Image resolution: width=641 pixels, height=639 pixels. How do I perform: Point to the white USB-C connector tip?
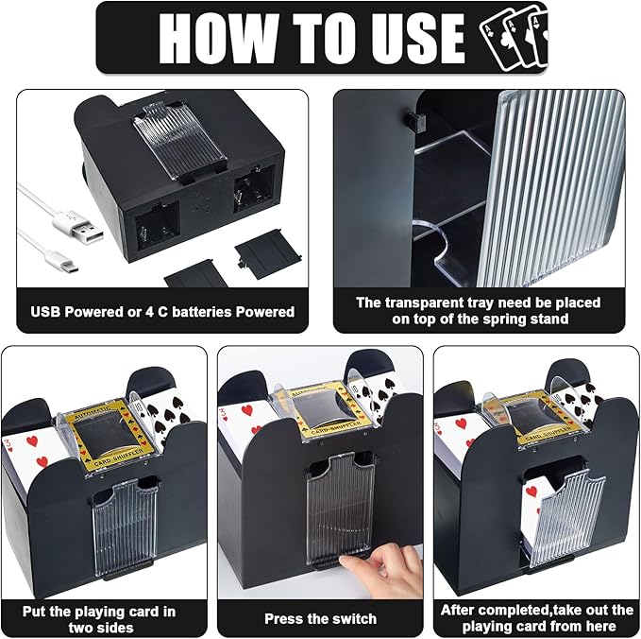tap(70, 268)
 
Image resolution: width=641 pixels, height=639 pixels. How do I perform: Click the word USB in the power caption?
tap(45, 312)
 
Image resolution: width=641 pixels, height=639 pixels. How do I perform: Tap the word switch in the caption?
tap(354, 618)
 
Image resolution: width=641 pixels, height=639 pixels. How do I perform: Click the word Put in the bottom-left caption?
tap(34, 612)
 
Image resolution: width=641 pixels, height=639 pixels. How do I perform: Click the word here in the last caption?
tap(600, 627)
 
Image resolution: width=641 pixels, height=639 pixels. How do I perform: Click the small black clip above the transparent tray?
tap(415, 120)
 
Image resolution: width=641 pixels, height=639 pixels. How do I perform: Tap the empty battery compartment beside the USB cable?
tap(158, 225)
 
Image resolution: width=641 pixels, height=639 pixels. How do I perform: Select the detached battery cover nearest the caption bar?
tap(196, 273)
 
